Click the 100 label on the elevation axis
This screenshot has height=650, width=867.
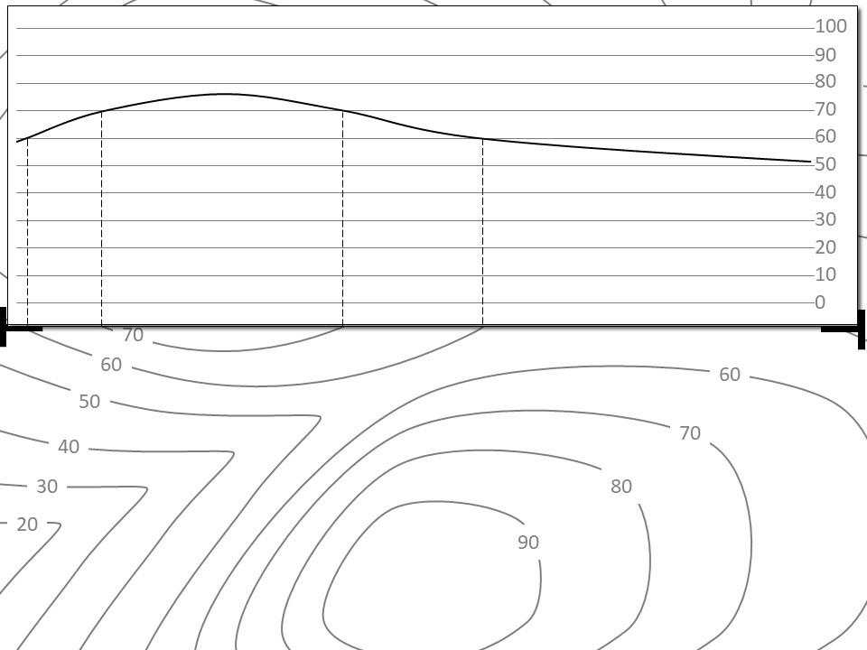pos(831,26)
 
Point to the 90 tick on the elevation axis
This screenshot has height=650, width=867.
pos(825,54)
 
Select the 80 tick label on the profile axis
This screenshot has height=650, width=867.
pos(825,81)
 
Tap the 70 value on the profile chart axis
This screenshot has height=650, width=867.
pos(825,109)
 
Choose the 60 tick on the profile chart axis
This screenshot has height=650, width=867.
pos(825,136)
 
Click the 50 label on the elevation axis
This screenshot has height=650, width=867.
pos(825,164)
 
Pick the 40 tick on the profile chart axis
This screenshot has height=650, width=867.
pos(825,191)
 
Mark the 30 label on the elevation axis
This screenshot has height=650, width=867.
pos(825,219)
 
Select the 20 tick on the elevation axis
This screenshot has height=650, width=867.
pos(825,246)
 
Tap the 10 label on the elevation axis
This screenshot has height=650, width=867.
pos(825,274)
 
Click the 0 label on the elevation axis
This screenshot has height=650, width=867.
pos(820,302)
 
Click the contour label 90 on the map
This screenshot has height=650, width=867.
pos(528,542)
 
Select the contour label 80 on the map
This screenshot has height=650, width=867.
pos(621,487)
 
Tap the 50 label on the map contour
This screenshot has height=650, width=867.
pos(89,402)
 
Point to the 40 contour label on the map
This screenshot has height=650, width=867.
pos(69,447)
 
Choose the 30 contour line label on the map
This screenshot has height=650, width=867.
pos(47,487)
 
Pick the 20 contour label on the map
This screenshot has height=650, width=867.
pos(27,525)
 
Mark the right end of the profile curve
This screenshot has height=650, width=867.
pos(810,162)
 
